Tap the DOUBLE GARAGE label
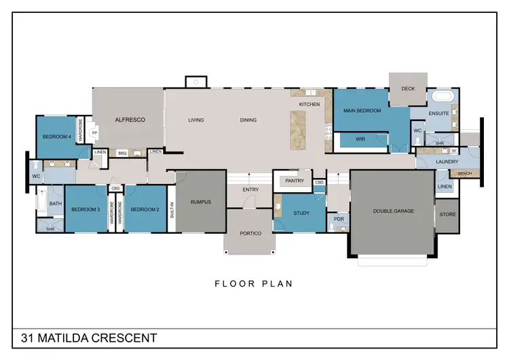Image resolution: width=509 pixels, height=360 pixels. click(393, 211)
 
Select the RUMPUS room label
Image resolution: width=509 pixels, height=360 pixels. click(200, 202)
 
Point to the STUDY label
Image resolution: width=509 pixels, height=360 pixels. click(301, 213)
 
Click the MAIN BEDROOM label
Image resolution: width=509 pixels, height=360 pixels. click(362, 111)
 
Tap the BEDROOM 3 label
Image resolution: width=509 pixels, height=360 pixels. click(86, 210)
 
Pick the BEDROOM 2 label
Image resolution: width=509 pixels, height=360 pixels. click(145, 210)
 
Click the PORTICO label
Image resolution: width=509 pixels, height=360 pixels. click(250, 234)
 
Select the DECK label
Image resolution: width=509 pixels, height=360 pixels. click(408, 89)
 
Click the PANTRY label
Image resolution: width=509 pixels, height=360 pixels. click(294, 181)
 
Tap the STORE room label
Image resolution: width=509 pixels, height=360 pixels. click(447, 215)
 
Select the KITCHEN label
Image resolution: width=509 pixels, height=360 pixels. click(309, 104)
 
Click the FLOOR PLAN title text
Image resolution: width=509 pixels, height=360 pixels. click(253, 284)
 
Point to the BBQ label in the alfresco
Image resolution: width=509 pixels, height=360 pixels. click(122, 154)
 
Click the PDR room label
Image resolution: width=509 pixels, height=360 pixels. click(339, 219)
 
